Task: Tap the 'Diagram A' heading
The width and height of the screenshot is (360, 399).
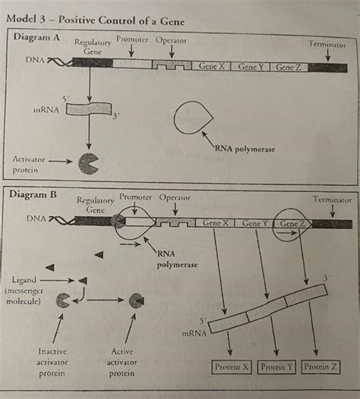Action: (37, 37)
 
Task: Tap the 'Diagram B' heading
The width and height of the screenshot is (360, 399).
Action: (33, 194)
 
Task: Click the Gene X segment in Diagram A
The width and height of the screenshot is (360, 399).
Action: (212, 67)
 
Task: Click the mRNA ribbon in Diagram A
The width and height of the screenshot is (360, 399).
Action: (87, 109)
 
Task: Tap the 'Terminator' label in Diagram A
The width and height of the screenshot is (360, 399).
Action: (327, 45)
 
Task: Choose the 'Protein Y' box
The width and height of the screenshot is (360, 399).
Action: (276, 367)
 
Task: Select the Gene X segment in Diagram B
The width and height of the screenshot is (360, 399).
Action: (216, 224)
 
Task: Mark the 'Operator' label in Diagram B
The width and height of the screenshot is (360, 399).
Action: (175, 198)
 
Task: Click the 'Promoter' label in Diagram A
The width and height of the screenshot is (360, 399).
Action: (132, 39)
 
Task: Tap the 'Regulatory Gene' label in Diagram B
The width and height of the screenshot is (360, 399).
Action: (95, 205)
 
